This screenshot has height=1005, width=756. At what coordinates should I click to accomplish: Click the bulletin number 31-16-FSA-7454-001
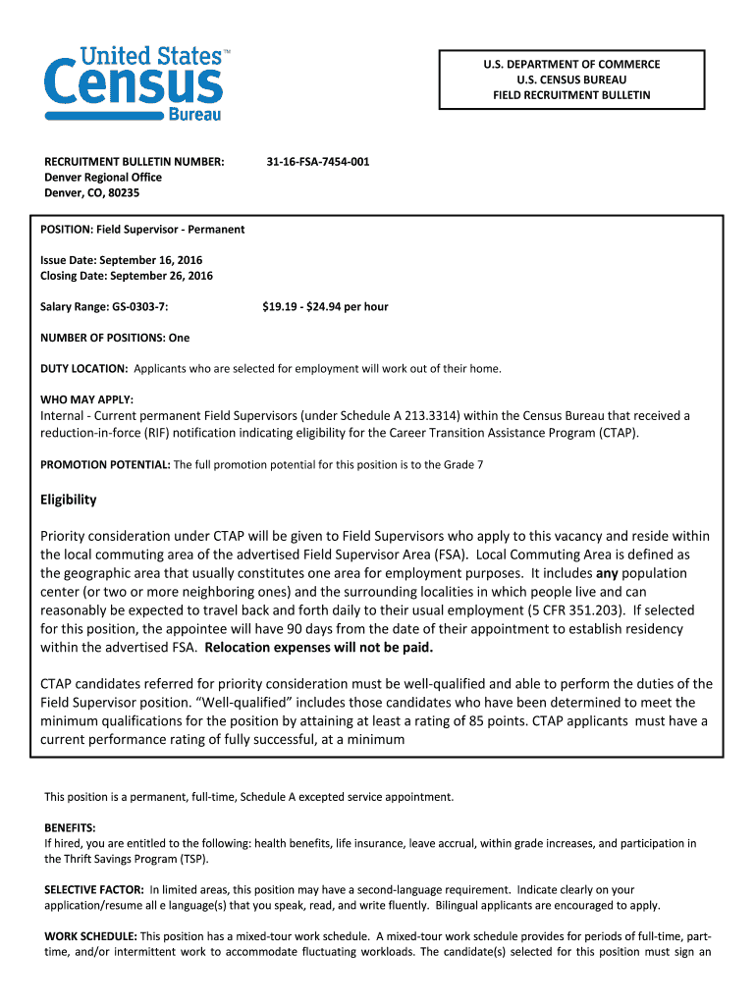click(318, 161)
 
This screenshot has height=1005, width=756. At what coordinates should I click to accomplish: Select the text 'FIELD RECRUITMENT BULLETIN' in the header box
click(570, 95)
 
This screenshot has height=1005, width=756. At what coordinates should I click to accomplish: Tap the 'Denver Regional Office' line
click(103, 177)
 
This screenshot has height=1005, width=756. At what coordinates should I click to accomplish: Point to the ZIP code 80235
click(123, 193)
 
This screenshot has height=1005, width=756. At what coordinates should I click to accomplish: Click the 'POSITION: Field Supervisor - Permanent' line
click(142, 230)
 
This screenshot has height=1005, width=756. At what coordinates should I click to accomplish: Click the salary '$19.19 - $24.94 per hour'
click(325, 307)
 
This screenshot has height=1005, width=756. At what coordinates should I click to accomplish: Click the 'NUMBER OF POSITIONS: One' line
click(115, 338)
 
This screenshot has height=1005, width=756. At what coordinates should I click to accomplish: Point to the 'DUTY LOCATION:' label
click(83, 369)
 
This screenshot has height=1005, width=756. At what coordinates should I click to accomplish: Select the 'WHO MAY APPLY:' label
click(86, 399)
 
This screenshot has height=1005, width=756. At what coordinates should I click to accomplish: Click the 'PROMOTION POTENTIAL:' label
click(105, 464)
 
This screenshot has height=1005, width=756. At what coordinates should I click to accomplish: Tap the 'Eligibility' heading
click(69, 500)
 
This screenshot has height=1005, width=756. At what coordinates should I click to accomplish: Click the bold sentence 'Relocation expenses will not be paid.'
click(318, 648)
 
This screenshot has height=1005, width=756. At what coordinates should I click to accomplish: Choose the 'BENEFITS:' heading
click(70, 827)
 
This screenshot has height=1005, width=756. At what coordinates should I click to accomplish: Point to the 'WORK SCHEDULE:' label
click(91, 935)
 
